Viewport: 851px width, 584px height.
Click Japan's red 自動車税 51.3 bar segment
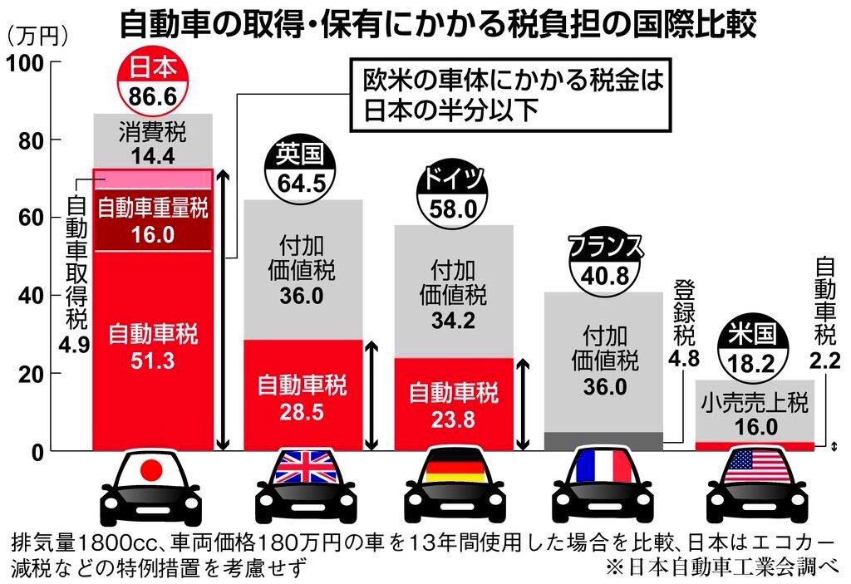pyautogui.click(x=153, y=349)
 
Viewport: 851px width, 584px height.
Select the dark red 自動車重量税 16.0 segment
pyautogui.click(x=153, y=220)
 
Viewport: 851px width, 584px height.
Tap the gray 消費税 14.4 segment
pyautogui.click(x=153, y=141)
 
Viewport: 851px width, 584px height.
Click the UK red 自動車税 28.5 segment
pyautogui.click(x=303, y=397)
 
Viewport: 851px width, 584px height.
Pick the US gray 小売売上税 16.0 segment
pyautogui.click(x=755, y=414)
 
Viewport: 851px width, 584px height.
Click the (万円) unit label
pyautogui.click(x=37, y=36)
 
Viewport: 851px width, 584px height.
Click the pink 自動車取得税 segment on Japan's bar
pyautogui.click(x=153, y=179)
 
